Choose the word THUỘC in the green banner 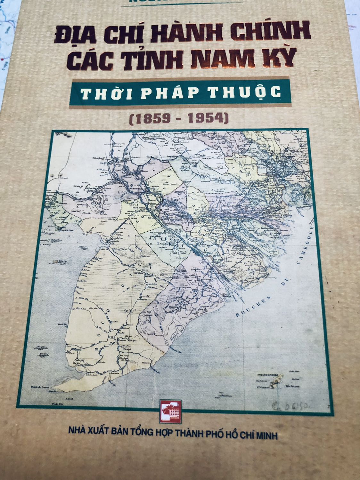pos(248,92)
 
